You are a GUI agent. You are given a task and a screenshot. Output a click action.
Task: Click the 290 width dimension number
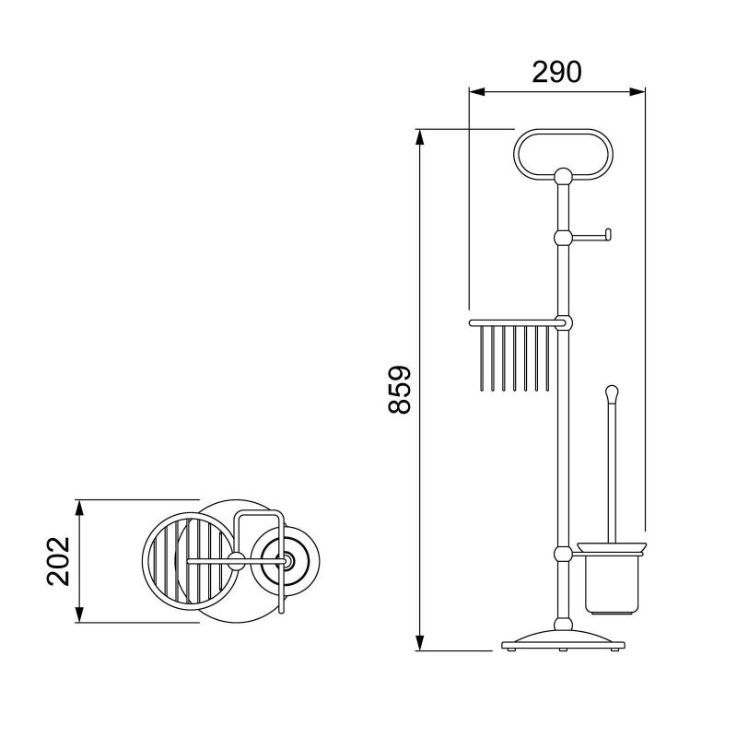[x=556, y=72]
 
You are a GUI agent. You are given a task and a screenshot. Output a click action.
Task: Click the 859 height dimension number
[x=400, y=390]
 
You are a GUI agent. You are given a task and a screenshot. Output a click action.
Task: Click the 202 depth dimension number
[x=58, y=561]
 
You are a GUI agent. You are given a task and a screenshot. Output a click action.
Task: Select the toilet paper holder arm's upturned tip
[x=608, y=235]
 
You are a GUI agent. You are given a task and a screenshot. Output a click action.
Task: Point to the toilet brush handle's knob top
[x=612, y=391]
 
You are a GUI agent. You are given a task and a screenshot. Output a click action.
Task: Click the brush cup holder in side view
[x=612, y=579]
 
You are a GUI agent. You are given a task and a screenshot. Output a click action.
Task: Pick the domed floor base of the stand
[x=563, y=640]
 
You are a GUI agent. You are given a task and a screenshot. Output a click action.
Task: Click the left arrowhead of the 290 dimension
[x=476, y=92]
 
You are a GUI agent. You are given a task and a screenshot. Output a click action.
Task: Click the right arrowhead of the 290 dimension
[x=638, y=92]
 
